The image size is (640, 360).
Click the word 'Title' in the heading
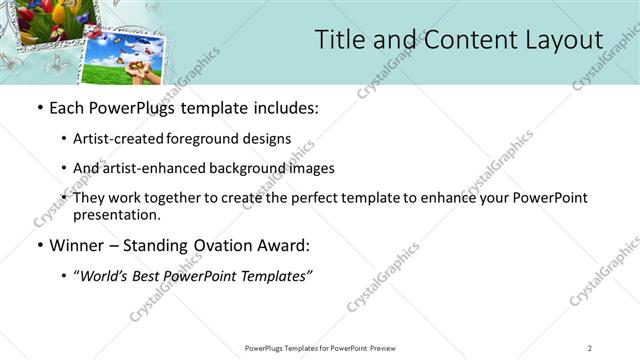click(x=338, y=40)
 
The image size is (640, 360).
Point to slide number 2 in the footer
click(x=589, y=348)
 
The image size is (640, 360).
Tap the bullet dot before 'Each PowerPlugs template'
click(x=38, y=108)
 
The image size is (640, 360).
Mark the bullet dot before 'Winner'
click(x=38, y=245)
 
